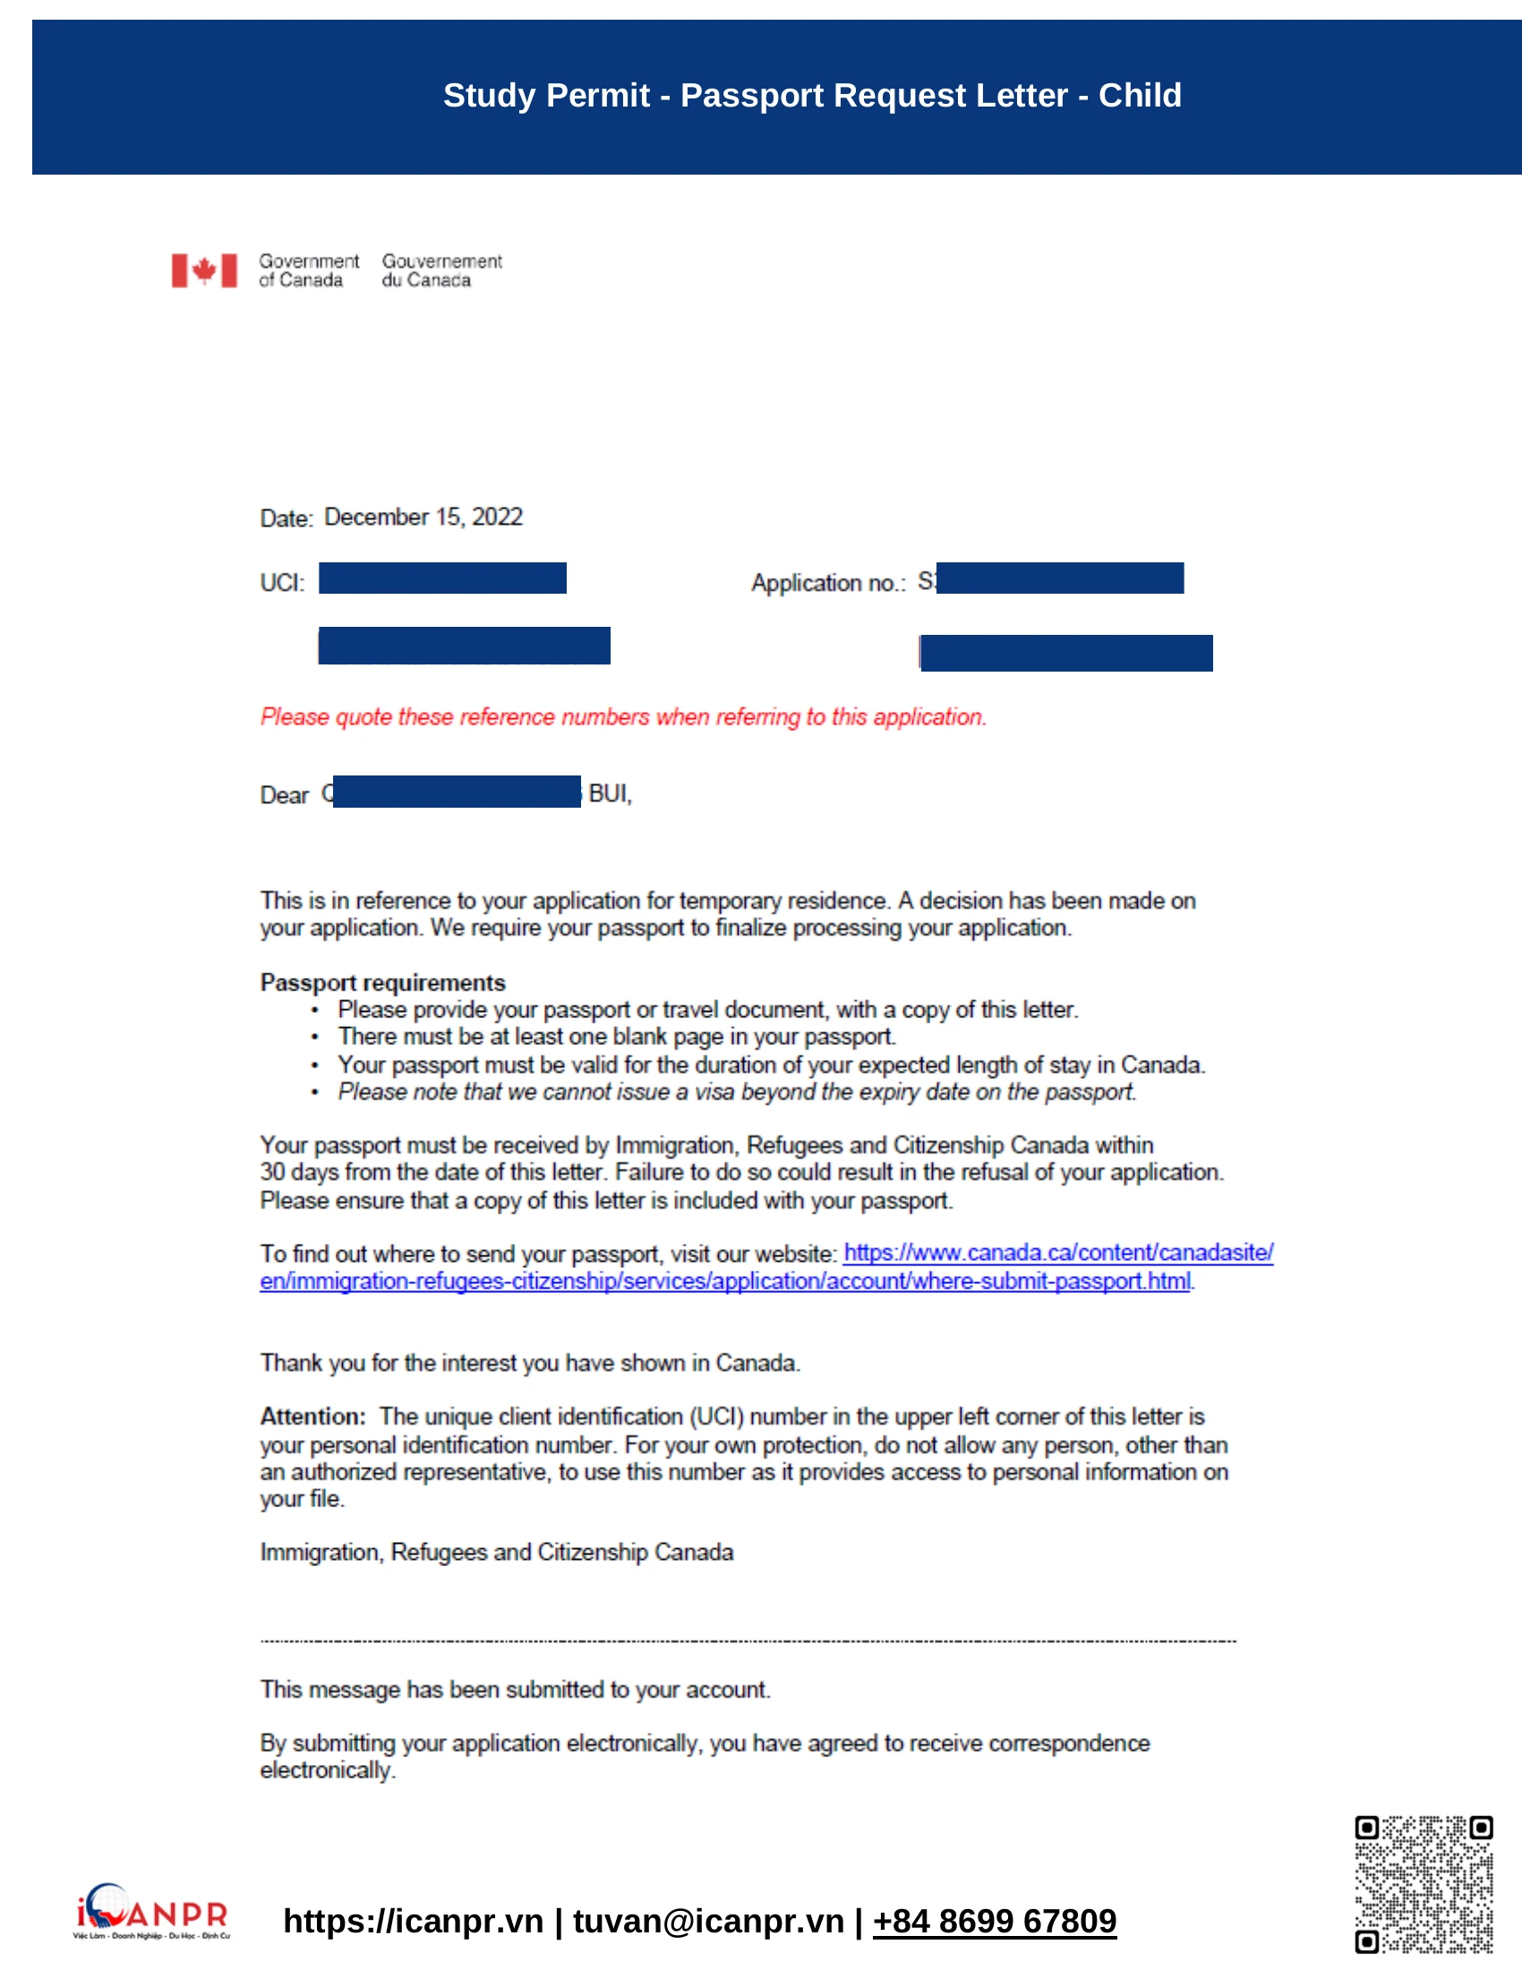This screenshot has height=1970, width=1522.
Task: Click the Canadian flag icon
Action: click(205, 270)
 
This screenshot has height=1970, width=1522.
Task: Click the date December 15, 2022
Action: click(423, 517)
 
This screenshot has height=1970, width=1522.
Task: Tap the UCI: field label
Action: click(282, 583)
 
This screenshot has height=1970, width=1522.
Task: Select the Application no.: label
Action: click(828, 583)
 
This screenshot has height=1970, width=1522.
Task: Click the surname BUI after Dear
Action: click(610, 793)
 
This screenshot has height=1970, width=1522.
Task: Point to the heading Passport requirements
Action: click(382, 982)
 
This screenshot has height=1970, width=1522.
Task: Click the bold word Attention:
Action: click(312, 1417)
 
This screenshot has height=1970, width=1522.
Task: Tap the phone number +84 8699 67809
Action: click(994, 1921)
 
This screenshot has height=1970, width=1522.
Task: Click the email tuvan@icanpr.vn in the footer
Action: click(708, 1921)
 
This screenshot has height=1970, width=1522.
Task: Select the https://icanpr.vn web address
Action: click(413, 1921)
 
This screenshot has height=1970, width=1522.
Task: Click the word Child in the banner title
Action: click(1139, 96)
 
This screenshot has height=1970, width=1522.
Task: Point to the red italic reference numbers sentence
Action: click(623, 717)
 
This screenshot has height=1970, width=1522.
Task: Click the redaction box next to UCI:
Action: click(441, 578)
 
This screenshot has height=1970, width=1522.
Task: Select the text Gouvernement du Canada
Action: click(440, 270)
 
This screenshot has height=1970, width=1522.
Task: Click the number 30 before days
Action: click(272, 1173)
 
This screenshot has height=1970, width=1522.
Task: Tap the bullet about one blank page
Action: click(616, 1036)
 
